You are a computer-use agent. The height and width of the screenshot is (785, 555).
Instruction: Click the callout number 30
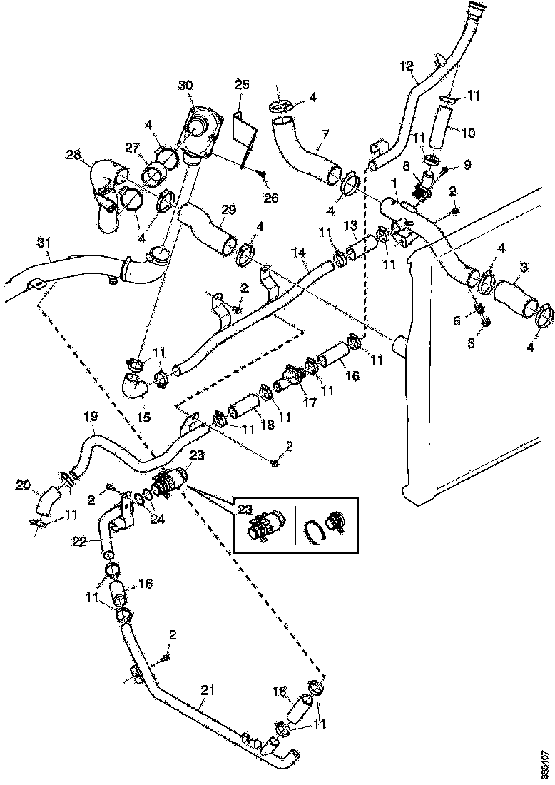[185, 84]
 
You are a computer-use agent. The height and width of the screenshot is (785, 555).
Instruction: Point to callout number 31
[44, 243]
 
